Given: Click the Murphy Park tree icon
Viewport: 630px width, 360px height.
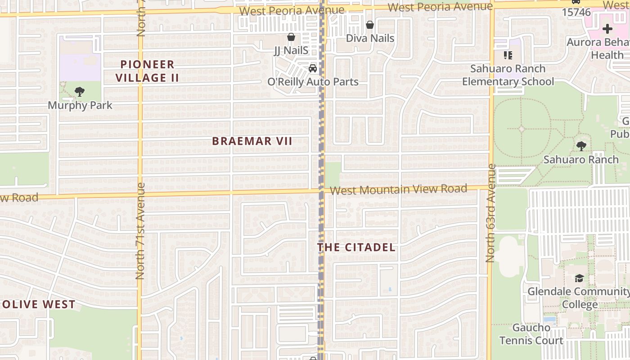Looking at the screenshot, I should coord(80,92).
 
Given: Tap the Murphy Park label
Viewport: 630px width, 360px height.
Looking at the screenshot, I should coord(80,105).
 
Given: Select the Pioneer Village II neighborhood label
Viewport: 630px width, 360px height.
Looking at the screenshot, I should coord(147,71).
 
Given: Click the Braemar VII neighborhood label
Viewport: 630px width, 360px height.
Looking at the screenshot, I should coord(252,141).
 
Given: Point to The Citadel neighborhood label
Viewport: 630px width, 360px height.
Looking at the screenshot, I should coord(356,247).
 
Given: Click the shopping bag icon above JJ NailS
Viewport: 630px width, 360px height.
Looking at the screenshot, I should coord(291,37).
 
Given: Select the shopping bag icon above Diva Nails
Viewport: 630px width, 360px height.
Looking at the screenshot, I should coord(370,25).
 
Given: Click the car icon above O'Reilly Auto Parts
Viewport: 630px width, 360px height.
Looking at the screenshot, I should coord(312,68).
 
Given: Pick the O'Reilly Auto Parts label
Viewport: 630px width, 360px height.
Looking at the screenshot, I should coord(313,82).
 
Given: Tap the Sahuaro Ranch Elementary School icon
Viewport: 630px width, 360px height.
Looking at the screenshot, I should coord(508,55).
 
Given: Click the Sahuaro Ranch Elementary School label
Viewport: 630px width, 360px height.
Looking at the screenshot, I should coord(508,75).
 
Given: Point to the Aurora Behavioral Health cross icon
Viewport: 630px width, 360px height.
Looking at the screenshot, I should coord(607,29).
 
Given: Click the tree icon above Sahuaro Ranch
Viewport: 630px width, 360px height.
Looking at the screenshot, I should coord(581,146).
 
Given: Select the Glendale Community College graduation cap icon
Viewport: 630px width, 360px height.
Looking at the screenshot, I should coord(579,279).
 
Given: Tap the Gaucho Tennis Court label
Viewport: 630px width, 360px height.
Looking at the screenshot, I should coord(531,333).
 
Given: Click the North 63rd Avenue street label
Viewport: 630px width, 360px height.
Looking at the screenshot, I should coord(490,213).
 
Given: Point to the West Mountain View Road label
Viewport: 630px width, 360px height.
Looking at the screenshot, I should coord(398,189).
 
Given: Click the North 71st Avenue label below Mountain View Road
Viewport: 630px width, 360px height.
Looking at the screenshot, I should coord(140,230).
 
